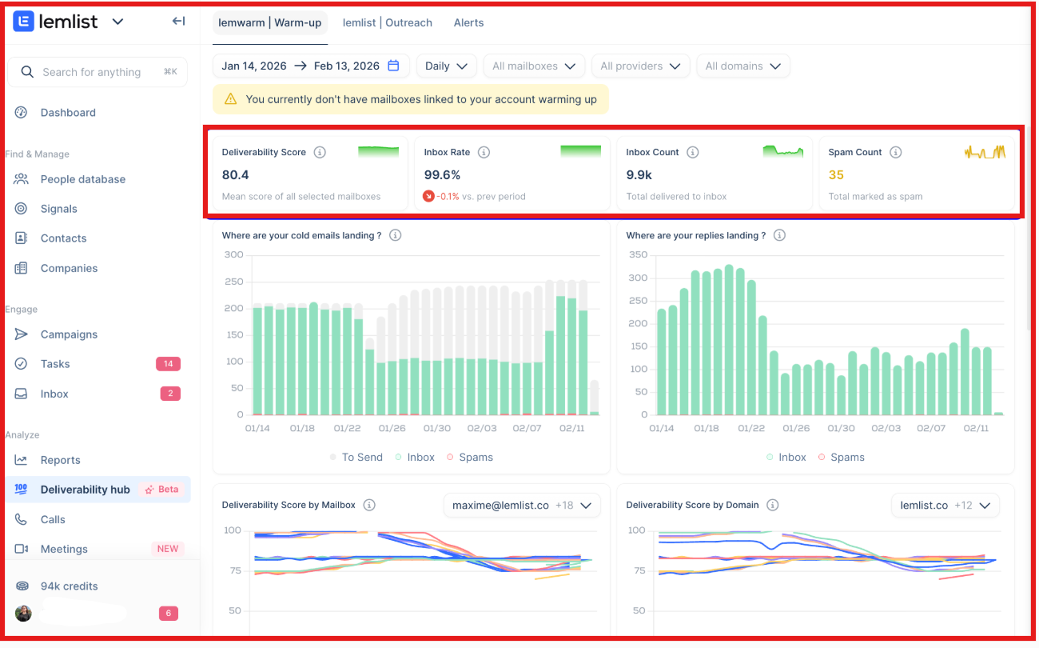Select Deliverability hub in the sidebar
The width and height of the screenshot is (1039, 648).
(x=85, y=490)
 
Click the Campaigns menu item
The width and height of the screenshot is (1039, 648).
(x=69, y=334)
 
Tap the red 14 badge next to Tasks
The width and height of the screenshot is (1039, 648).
(x=168, y=364)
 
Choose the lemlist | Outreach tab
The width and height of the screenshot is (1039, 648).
(x=387, y=22)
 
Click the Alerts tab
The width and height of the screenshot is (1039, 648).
(x=468, y=22)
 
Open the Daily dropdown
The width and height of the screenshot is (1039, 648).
(x=446, y=66)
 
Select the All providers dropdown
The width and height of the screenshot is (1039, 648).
(x=640, y=66)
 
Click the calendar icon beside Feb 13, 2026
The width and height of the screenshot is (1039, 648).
(x=393, y=66)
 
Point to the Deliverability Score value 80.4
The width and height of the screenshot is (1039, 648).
(x=236, y=175)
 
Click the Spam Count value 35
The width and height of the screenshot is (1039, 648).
(x=836, y=175)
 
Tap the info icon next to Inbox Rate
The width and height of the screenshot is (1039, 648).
(x=484, y=152)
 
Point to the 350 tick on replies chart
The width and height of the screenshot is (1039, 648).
(x=638, y=255)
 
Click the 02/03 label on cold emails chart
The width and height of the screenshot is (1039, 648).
(x=482, y=429)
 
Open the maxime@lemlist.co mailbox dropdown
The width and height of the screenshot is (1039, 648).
(x=521, y=506)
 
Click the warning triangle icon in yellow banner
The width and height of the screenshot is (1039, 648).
(x=230, y=99)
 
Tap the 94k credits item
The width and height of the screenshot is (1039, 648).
(x=69, y=586)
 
